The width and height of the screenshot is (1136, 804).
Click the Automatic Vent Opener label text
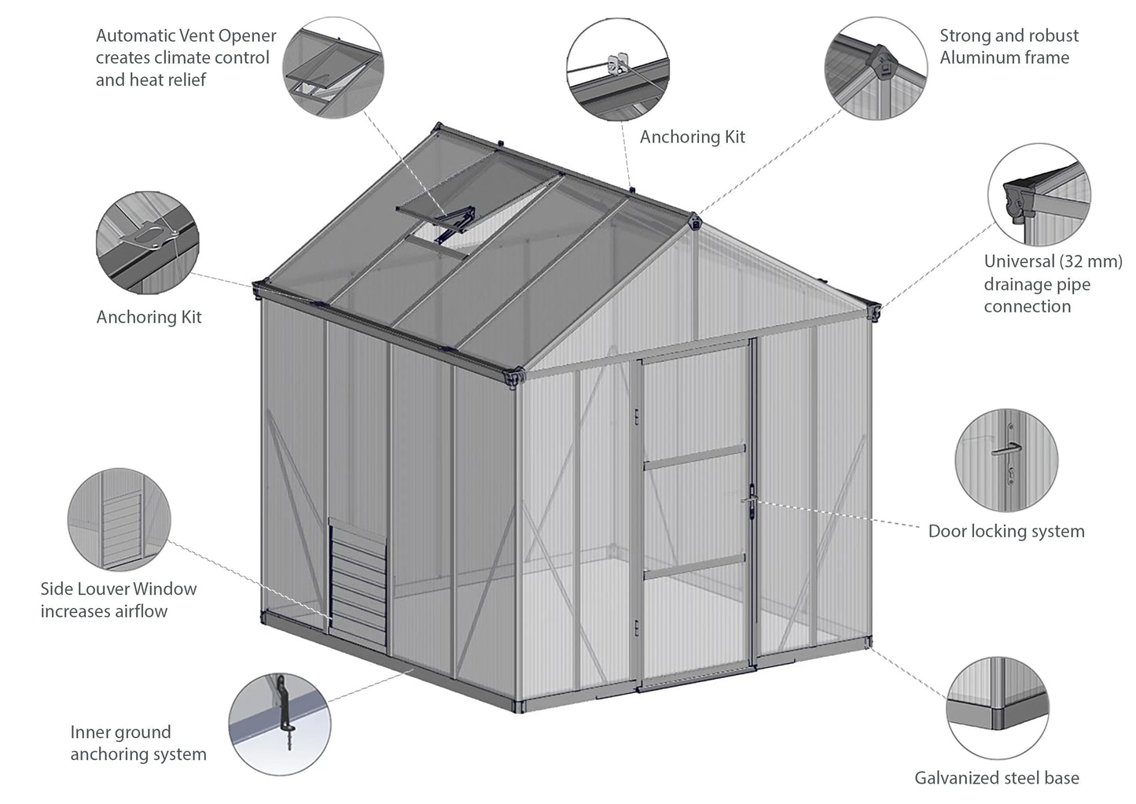click(x=186, y=57)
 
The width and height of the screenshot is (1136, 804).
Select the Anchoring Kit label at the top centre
click(x=692, y=137)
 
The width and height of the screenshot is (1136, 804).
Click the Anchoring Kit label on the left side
click(x=149, y=317)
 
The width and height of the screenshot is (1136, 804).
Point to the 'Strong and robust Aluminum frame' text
click(x=1009, y=46)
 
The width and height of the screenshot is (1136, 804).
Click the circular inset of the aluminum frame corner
click(x=875, y=68)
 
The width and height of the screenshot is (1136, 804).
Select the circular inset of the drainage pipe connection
click(x=1039, y=194)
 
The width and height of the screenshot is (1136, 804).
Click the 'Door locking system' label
click(x=1006, y=531)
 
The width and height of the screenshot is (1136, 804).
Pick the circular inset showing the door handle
click(x=1006, y=459)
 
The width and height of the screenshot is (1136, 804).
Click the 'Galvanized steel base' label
click(x=996, y=778)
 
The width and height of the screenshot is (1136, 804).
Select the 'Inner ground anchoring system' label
click(x=138, y=743)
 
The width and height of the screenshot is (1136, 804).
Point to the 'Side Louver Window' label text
click(x=119, y=588)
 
